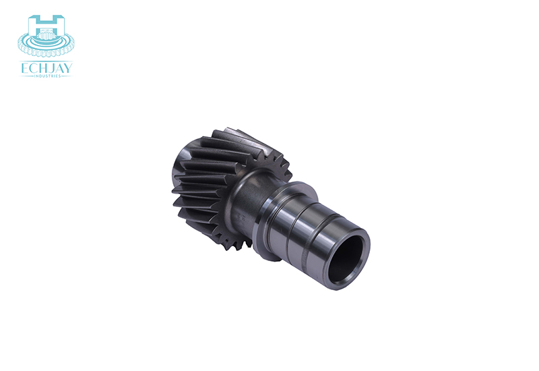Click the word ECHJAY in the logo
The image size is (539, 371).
point(46,69)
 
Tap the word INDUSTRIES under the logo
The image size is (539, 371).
point(47,76)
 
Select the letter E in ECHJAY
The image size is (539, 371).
point(24,69)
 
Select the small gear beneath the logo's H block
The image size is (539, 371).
point(46,35)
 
